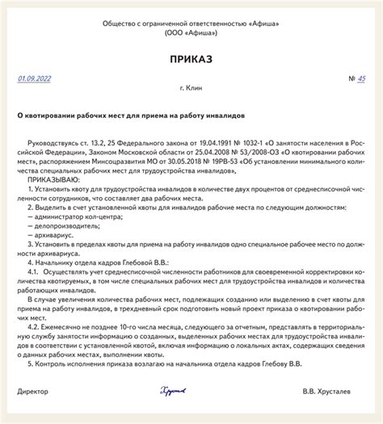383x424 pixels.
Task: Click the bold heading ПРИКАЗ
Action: point(191,60)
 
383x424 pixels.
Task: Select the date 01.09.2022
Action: point(34,78)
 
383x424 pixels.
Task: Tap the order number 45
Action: point(361,78)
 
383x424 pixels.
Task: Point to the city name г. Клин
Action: point(191,90)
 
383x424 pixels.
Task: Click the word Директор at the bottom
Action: point(33,414)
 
